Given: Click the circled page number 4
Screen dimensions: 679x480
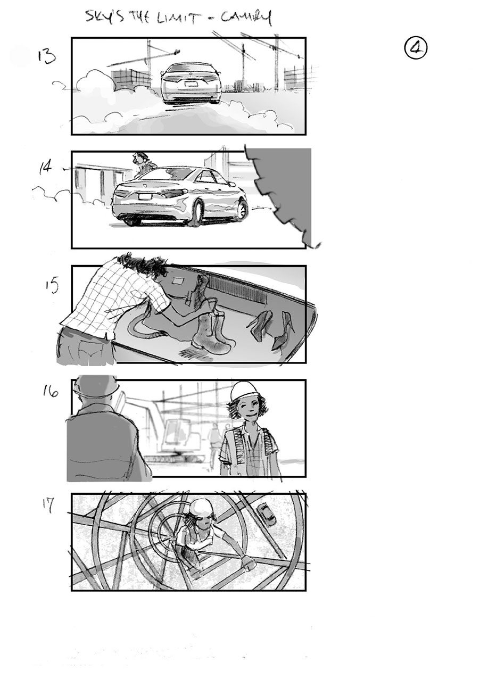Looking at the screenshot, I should (x=416, y=48).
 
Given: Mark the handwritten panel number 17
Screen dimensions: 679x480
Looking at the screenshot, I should (x=47, y=506).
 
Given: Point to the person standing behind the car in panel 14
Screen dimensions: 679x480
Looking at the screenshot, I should (x=142, y=163).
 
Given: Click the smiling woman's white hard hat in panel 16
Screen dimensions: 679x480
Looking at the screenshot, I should (x=243, y=392).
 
